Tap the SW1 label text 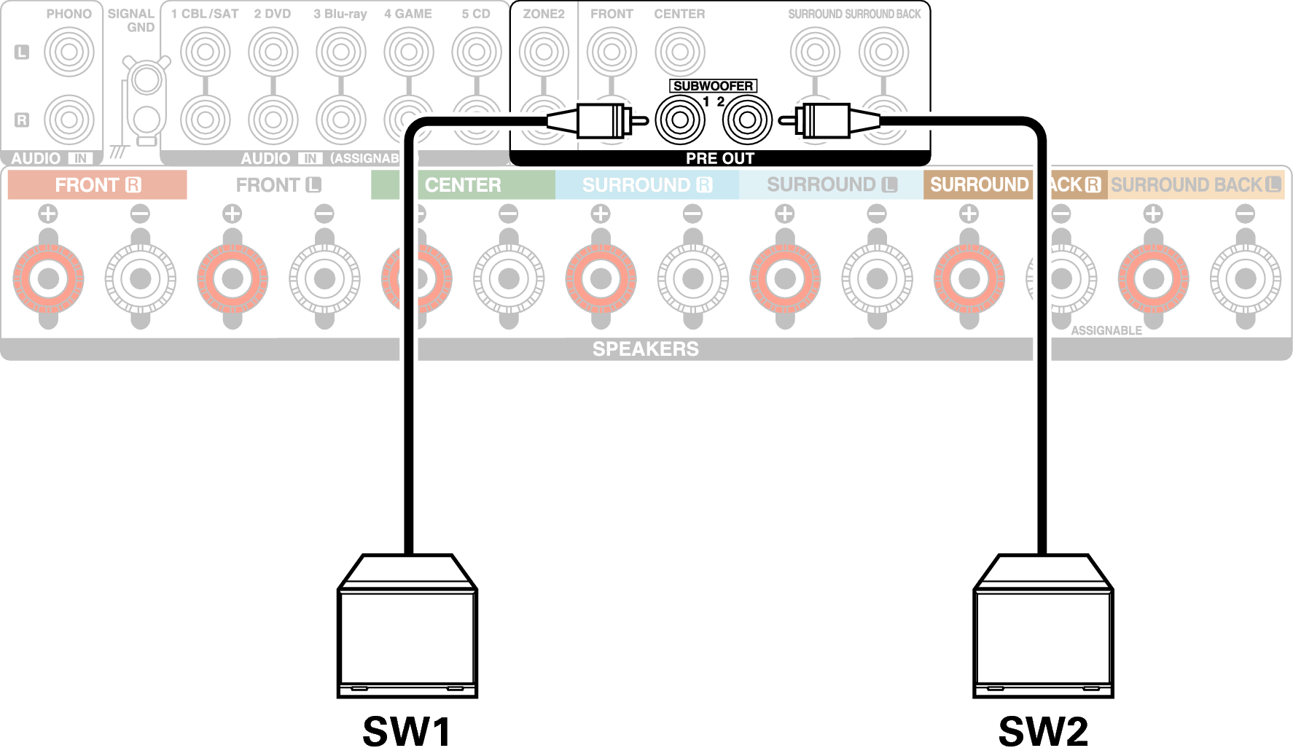407,731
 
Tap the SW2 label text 1043,731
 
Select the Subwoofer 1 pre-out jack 679,120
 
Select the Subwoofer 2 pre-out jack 747,120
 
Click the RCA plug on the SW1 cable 601,120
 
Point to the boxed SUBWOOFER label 713,86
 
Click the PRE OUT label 719,158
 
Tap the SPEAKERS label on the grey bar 645,349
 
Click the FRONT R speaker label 97,185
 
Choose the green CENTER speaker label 463,185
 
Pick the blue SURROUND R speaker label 646,185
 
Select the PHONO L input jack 69,52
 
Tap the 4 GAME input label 408,14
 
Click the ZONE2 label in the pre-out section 544,14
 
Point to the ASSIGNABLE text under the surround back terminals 1106,331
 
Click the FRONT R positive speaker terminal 48,278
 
